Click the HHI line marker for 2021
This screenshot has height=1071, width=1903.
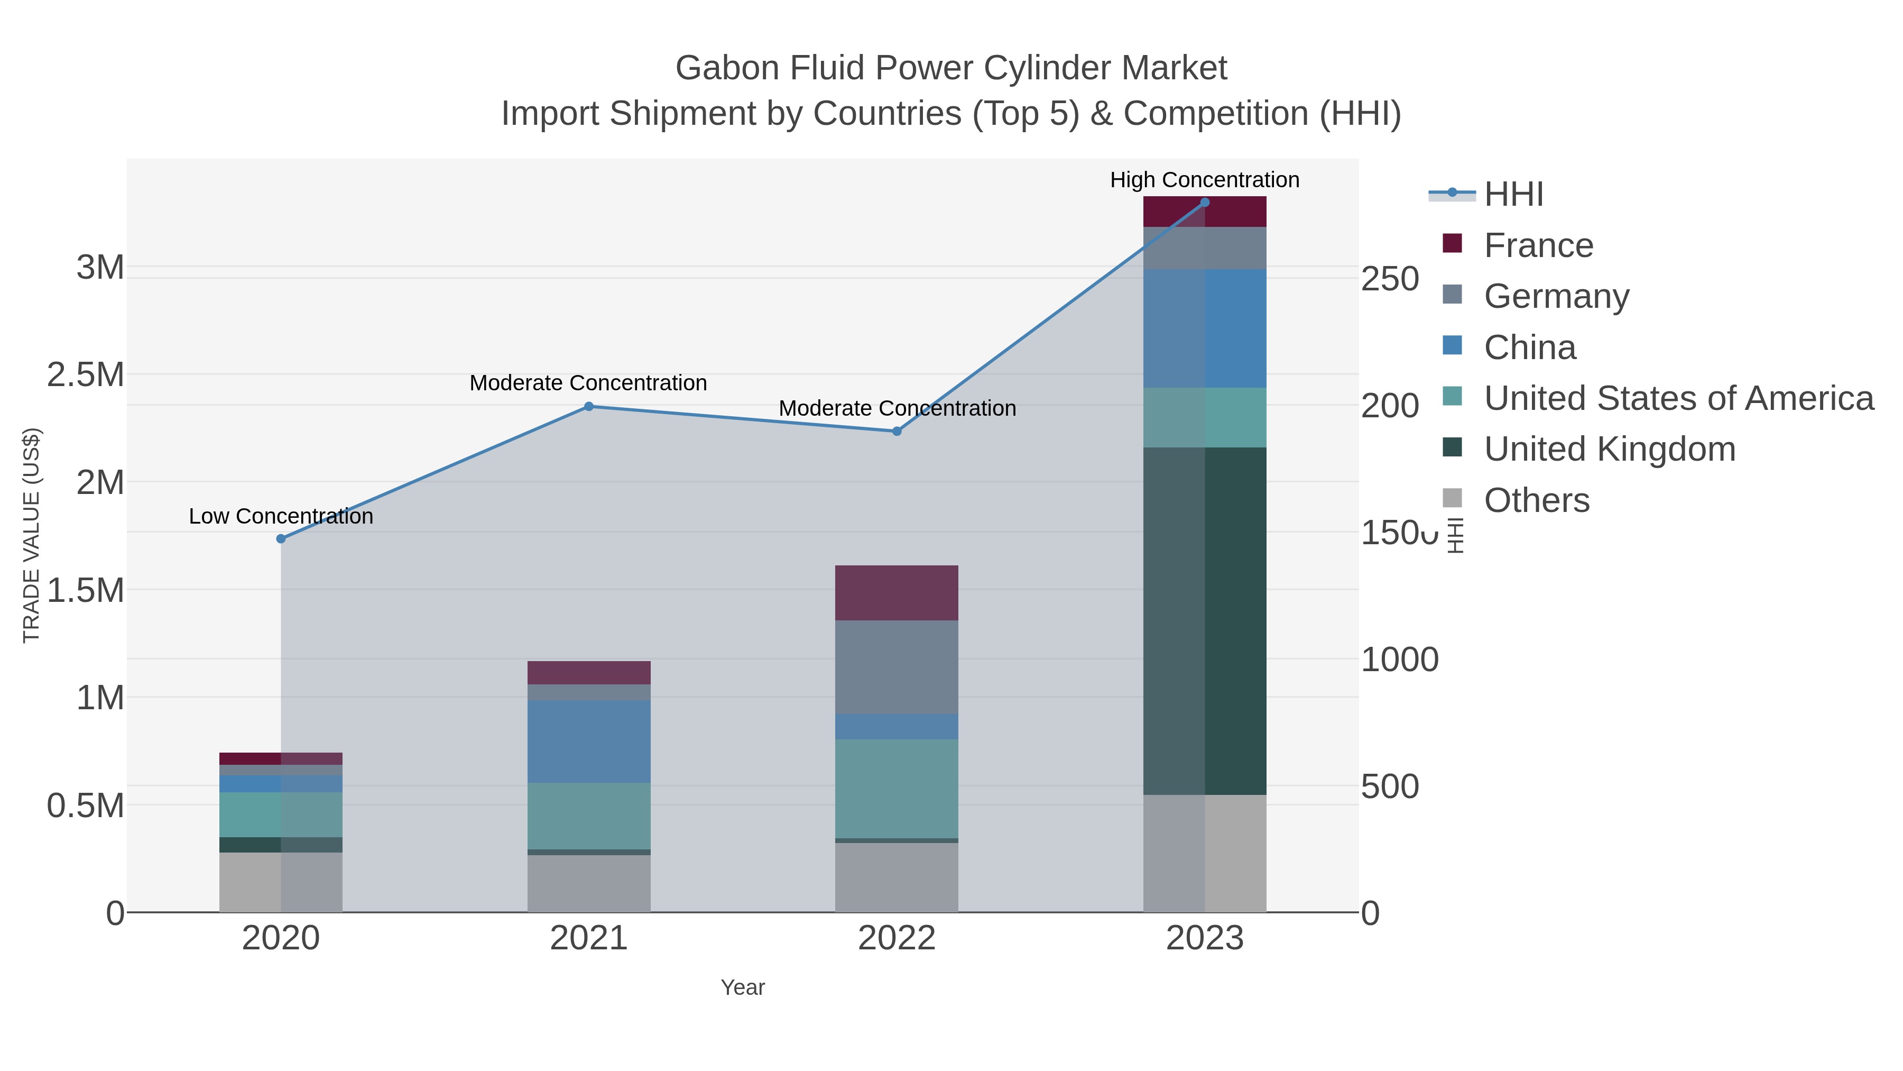pyautogui.click(x=589, y=407)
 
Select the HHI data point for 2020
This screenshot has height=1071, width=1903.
pyautogui.click(x=281, y=539)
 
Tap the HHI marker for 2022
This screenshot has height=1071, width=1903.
pyautogui.click(x=897, y=431)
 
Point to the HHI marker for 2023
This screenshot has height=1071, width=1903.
pyautogui.click(x=1205, y=203)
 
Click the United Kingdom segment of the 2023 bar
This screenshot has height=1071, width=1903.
pyautogui.click(x=1205, y=621)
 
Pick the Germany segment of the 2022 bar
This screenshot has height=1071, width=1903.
pyautogui.click(x=897, y=667)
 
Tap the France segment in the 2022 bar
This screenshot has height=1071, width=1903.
pyautogui.click(x=897, y=593)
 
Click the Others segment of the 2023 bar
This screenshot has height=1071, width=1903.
pyautogui.click(x=1205, y=853)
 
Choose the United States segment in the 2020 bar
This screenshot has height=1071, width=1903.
pyautogui.click(x=281, y=814)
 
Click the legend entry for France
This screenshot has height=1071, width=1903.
pyautogui.click(x=1538, y=245)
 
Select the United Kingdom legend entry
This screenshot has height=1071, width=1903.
pyautogui.click(x=1609, y=450)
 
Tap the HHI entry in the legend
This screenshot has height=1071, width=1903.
pyautogui.click(x=1513, y=195)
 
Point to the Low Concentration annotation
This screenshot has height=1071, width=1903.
pyautogui.click(x=281, y=516)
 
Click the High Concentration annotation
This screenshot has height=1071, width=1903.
pyautogui.click(x=1204, y=180)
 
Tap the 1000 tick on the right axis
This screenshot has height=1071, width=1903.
pyautogui.click(x=1398, y=660)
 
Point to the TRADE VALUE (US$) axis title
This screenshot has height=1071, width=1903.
pyautogui.click(x=31, y=535)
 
